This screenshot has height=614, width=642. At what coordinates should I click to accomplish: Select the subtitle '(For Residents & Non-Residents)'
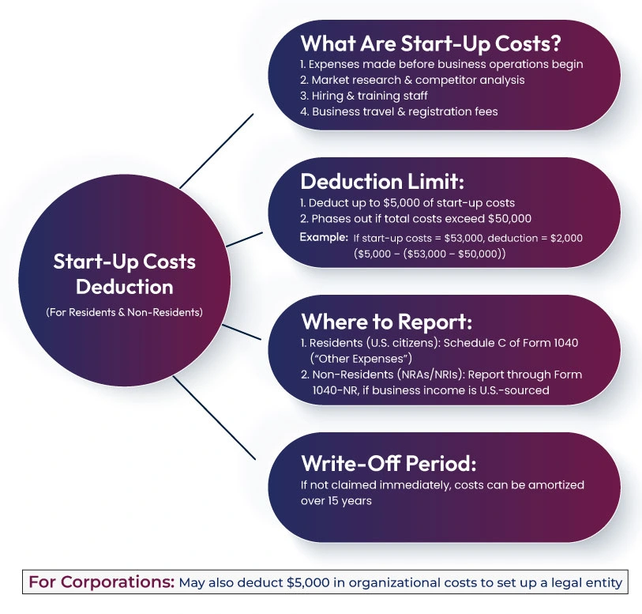(x=124, y=311)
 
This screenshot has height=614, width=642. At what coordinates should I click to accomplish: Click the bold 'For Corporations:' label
(x=101, y=583)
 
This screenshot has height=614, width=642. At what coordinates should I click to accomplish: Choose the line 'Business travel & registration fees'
(x=405, y=111)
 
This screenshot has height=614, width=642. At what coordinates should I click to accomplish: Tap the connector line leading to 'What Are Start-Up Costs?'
(x=217, y=150)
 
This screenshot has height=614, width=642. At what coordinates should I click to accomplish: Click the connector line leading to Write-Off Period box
(x=214, y=416)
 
